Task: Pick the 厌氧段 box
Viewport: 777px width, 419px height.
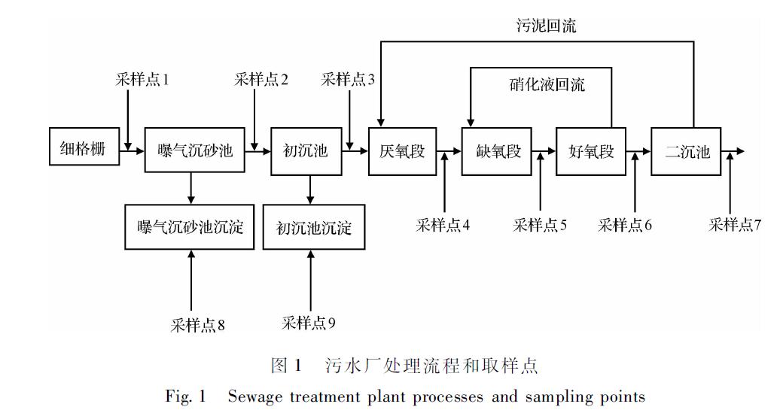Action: click(401, 152)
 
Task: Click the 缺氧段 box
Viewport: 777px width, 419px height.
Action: click(498, 152)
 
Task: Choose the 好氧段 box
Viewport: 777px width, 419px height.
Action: click(591, 152)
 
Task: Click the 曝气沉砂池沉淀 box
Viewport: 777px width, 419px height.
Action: click(191, 227)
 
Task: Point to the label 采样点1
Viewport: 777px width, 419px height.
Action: click(142, 79)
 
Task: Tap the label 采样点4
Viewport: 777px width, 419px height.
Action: click(443, 224)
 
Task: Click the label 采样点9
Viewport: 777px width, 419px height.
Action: click(309, 323)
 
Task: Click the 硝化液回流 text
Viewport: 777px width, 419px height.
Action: click(547, 84)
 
